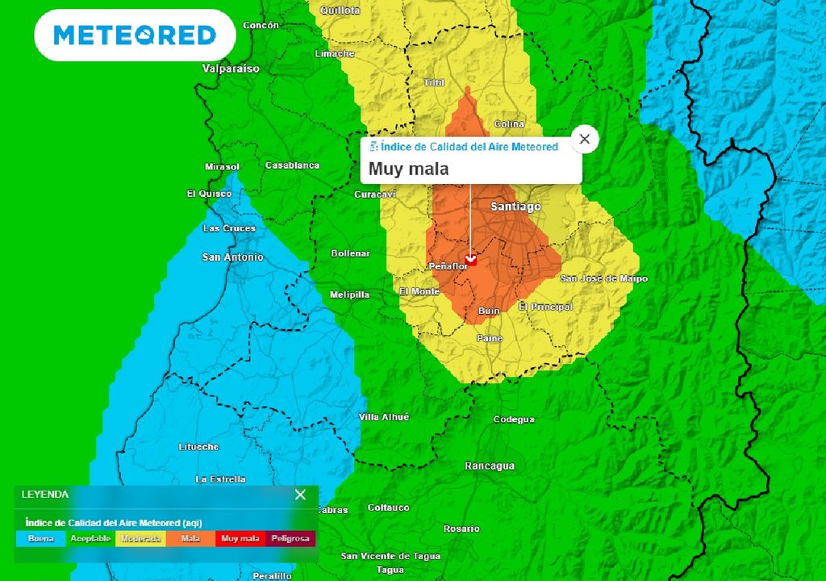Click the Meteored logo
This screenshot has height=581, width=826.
point(135,36)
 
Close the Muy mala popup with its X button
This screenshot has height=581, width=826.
point(585,139)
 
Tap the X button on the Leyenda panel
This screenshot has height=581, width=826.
point(300,495)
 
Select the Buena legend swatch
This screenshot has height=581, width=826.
point(40,538)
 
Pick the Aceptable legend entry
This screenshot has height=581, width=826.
point(90,538)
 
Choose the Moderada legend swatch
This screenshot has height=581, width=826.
point(140,538)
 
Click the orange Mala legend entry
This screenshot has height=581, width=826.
point(190,538)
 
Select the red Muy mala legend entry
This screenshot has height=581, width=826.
point(240,538)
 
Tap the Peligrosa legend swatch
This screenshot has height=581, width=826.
point(290,538)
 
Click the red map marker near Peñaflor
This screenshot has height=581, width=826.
point(471,260)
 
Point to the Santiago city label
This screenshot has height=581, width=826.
point(515,207)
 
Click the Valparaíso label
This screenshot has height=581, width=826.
point(231,69)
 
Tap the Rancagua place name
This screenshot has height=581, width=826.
point(490,466)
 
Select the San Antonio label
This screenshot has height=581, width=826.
point(232,257)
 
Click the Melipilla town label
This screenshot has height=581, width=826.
point(349,295)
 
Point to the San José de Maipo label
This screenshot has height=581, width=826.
point(604,278)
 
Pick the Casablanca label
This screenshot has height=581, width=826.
point(292,165)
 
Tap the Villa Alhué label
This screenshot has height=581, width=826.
point(384,417)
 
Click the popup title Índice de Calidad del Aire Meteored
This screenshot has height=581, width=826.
point(469,147)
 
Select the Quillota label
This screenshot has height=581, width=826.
point(340,10)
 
